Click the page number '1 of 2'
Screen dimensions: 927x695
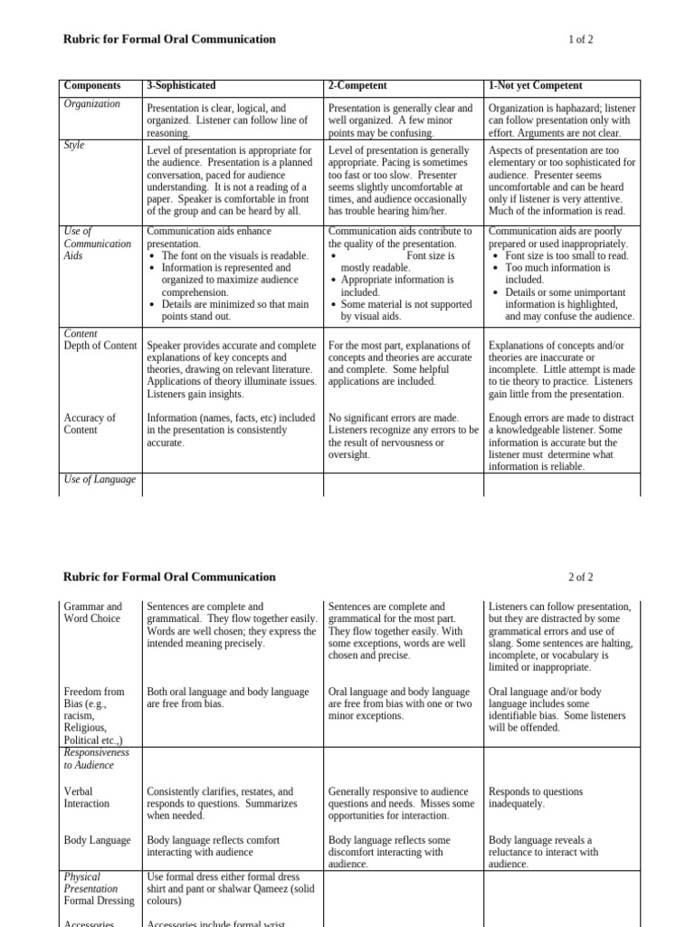[580, 40]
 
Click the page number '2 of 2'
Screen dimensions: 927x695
[580, 577]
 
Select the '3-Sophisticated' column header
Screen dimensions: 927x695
[181, 86]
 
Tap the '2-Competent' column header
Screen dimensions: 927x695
[357, 86]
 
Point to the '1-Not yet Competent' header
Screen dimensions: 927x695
[535, 86]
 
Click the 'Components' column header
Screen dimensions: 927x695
[91, 86]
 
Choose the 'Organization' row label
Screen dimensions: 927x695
[92, 104]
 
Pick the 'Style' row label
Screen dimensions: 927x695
[74, 145]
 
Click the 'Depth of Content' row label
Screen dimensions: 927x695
[100, 346]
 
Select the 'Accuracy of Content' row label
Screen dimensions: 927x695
[90, 424]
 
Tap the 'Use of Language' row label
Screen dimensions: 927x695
[100, 479]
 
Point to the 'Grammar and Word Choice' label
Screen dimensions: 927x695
[92, 613]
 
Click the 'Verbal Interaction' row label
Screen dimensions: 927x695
[87, 798]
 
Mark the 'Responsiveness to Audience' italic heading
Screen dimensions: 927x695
[96, 759]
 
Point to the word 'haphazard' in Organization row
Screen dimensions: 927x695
[587, 109]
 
